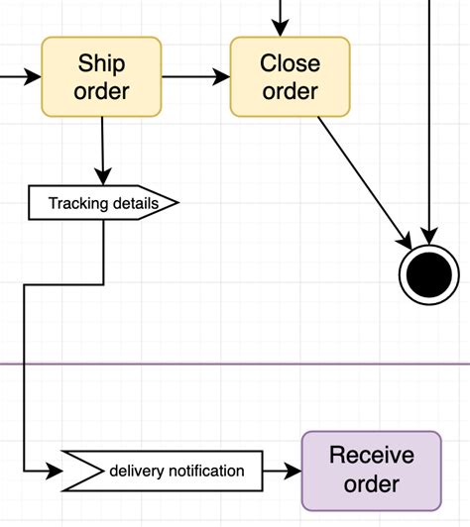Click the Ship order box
tap(101, 76)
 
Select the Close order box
tap(290, 76)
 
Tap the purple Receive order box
tap(371, 471)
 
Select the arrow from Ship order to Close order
tap(195, 75)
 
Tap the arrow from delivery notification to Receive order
tap(282, 471)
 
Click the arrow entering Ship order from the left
tap(20, 75)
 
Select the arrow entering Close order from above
tap(282, 18)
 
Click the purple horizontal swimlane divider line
tap(235, 364)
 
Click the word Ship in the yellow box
tap(101, 63)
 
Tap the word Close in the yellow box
tap(290, 63)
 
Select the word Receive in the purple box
tap(371, 457)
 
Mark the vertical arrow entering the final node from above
tap(429, 119)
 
